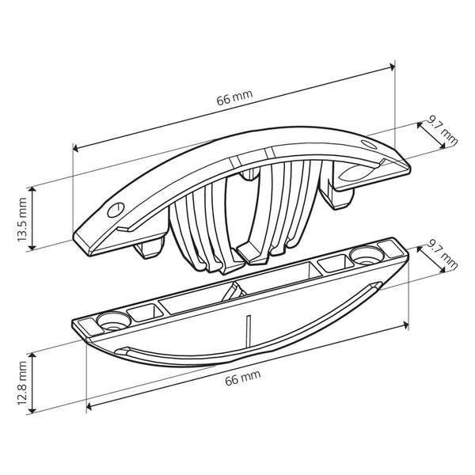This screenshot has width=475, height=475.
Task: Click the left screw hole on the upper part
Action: pyautogui.click(x=115, y=208)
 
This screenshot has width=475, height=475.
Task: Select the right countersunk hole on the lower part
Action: pyautogui.click(x=365, y=255)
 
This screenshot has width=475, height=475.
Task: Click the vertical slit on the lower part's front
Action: pyautogui.click(x=248, y=328)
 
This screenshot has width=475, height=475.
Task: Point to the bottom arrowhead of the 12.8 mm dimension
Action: pyautogui.click(x=32, y=411)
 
